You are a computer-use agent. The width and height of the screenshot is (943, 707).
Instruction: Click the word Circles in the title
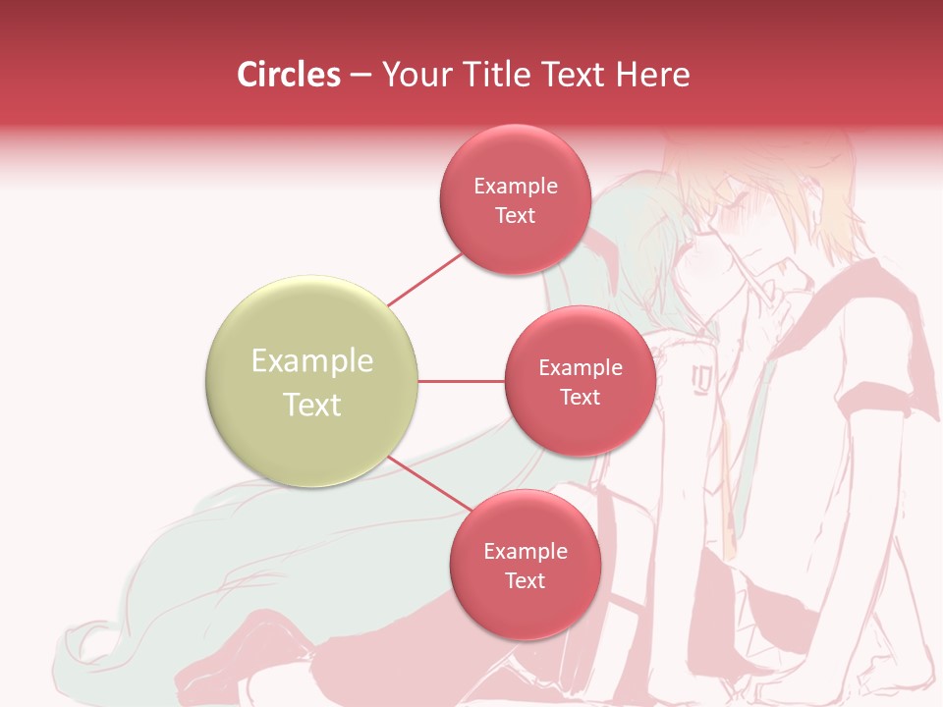point(288,75)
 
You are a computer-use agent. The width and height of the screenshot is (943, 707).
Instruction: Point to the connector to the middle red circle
point(461,381)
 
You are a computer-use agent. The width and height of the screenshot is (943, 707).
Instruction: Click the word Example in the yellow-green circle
point(311,361)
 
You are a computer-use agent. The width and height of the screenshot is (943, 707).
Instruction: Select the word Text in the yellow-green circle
point(311,405)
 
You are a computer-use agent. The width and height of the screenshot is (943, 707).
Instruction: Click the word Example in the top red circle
point(515,187)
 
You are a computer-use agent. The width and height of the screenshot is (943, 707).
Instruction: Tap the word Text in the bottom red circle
point(525,580)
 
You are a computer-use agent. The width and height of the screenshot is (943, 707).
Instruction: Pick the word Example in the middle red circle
point(580,368)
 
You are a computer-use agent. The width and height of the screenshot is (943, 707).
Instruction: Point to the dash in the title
point(360,76)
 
